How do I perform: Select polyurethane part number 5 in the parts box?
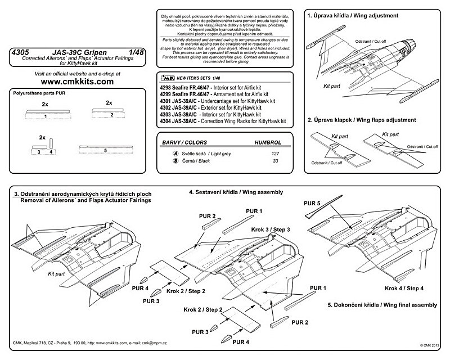point(106,150)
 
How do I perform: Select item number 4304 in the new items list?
point(169,121)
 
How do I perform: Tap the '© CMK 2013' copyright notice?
point(429,345)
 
